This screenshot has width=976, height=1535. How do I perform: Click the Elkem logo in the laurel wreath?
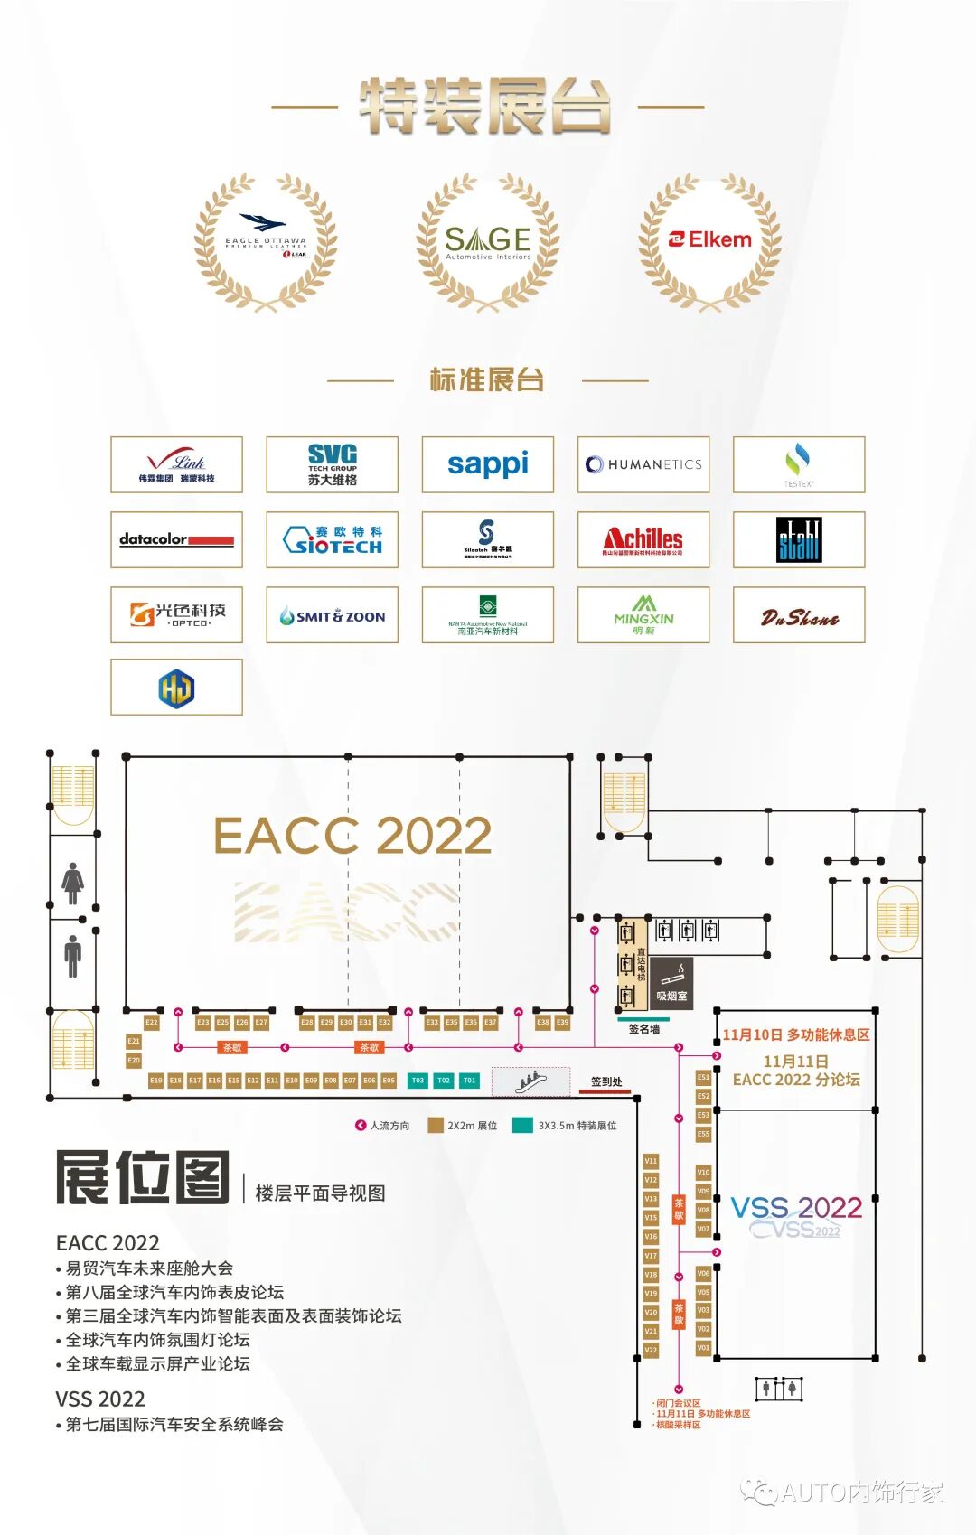pyautogui.click(x=710, y=239)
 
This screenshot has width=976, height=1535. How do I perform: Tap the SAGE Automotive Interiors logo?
pyautogui.click(x=488, y=241)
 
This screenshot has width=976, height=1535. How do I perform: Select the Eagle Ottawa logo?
pyautogui.click(x=266, y=237)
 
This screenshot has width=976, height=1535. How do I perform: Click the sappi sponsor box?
pyautogui.click(x=488, y=464)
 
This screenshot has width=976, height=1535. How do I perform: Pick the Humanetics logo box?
pyautogui.click(x=643, y=464)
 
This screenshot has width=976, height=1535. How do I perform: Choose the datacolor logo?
pyautogui.click(x=176, y=539)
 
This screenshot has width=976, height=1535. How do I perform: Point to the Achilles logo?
pyautogui.click(x=643, y=539)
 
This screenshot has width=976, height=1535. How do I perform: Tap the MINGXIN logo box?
pyautogui.click(x=643, y=614)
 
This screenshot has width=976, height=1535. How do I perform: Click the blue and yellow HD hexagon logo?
pyautogui.click(x=176, y=688)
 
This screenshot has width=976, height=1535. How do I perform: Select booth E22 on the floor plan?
pyautogui.click(x=152, y=1023)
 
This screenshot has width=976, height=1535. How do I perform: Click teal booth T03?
pyautogui.click(x=418, y=1081)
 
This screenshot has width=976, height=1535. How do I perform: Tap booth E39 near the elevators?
pyautogui.click(x=562, y=1023)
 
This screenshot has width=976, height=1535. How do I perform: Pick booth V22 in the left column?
pyautogui.click(x=651, y=1350)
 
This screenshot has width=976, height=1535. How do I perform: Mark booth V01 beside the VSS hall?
pyautogui.click(x=703, y=1348)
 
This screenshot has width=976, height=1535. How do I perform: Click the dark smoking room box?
pyautogui.click(x=671, y=983)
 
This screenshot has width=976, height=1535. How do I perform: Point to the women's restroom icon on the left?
pyautogui.click(x=73, y=883)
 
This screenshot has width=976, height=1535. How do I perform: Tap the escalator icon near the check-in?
pyautogui.click(x=530, y=1080)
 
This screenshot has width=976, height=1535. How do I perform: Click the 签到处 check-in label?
pyautogui.click(x=606, y=1081)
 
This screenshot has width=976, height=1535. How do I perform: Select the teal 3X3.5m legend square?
pyautogui.click(x=521, y=1126)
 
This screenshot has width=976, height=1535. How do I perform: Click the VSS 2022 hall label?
pyautogui.click(x=796, y=1208)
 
